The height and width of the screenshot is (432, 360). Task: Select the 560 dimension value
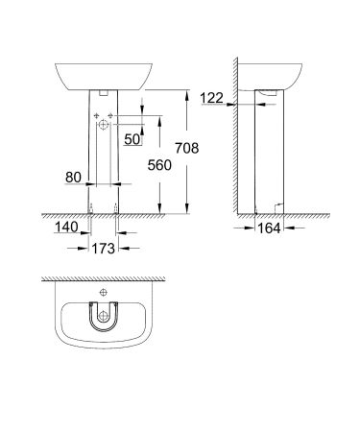pos(160,164)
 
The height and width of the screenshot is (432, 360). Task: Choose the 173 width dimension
pos(104,249)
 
